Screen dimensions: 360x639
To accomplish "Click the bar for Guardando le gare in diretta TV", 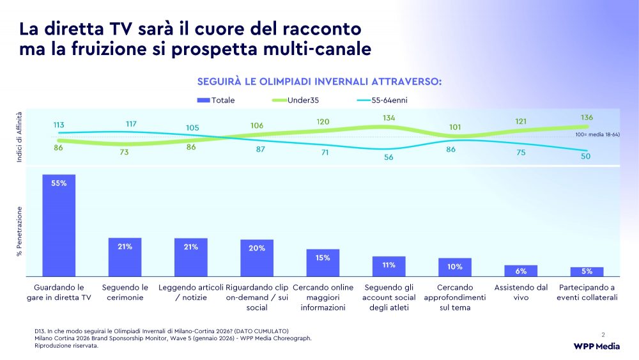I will coord(59,225).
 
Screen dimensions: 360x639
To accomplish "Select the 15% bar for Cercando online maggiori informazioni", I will coord(323,263).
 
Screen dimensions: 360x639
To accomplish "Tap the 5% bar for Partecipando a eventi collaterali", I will coord(587,272).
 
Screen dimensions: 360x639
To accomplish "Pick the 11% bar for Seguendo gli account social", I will coord(389,266).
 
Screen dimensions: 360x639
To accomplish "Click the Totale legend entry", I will coord(216,100).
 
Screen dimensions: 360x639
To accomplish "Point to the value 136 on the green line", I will coord(587,118).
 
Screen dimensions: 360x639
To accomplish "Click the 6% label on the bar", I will coord(521,271).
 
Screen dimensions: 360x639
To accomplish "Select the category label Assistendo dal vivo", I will coord(521,293).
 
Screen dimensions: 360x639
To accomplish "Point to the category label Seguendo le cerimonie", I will coord(125,293).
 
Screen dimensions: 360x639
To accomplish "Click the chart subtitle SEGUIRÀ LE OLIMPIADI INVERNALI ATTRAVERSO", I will coord(319,81).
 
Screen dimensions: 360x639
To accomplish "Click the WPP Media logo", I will coord(596,346).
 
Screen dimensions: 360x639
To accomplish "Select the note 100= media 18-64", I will coord(597,135).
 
